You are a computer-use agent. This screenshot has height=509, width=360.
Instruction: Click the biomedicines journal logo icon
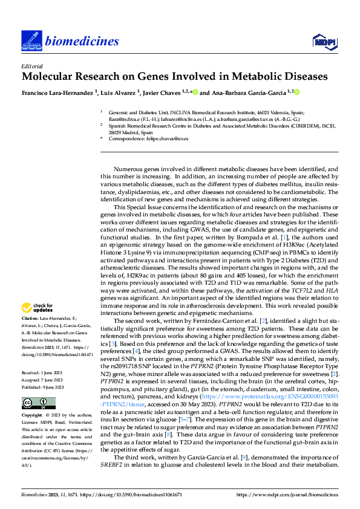coord(30,40)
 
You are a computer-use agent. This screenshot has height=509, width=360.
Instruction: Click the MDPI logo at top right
coord(323,41)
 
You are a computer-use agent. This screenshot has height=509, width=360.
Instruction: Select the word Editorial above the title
coord(31,66)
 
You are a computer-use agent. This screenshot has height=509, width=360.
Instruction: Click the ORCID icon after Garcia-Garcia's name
coord(298,92)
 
